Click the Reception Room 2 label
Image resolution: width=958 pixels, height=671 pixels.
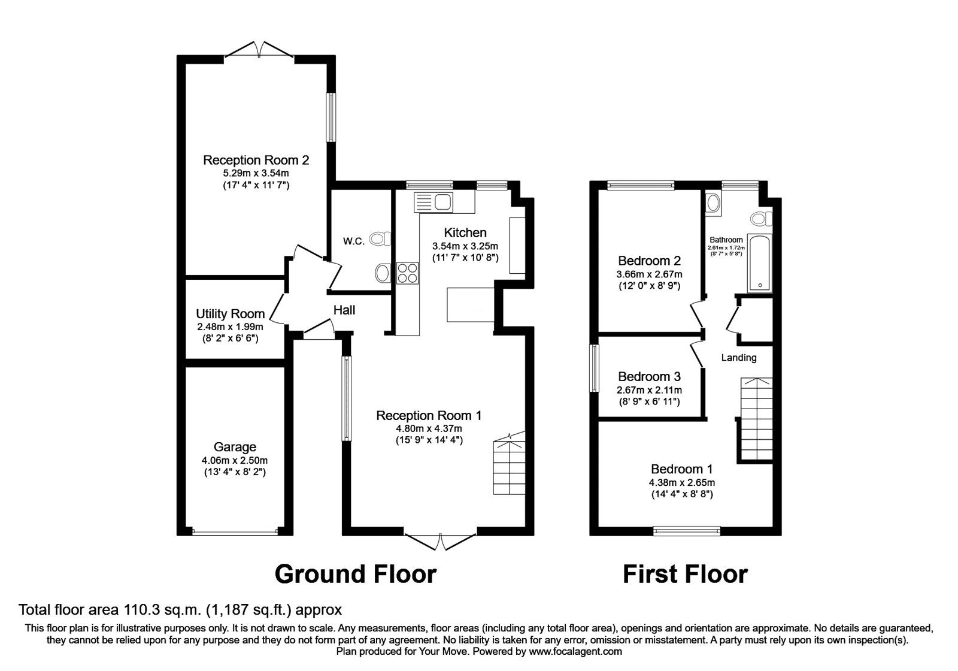256,160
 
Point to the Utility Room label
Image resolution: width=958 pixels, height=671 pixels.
230,314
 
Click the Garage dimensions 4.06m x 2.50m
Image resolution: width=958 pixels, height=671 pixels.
235,460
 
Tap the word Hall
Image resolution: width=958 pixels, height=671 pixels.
344,310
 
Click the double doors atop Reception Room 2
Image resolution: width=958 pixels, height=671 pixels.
259,50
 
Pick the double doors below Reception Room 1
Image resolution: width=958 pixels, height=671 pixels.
441,541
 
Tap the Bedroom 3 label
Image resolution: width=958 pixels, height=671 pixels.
649,376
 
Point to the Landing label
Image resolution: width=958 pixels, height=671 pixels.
738,358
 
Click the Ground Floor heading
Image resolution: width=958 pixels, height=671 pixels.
355,574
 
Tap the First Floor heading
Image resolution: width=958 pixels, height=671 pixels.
685,574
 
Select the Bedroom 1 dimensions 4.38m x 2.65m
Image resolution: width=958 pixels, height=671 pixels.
682,482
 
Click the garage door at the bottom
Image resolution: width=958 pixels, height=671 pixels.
235,531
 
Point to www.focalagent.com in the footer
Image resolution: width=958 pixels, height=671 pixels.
575,651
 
